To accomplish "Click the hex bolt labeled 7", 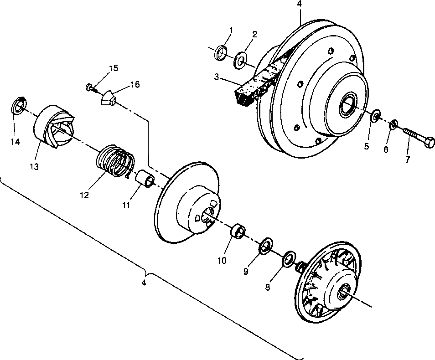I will (419, 138).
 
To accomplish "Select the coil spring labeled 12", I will (115, 160).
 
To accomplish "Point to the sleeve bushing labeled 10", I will (237, 231).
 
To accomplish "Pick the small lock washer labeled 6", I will (394, 123).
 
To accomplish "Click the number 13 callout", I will (35, 167).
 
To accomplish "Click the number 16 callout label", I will (135, 84).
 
